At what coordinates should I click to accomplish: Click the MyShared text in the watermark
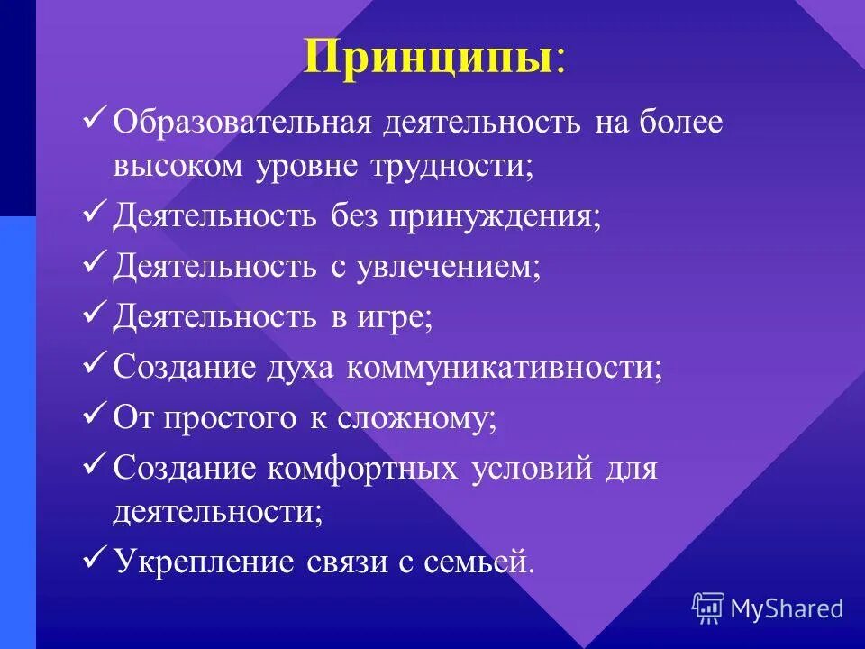787,608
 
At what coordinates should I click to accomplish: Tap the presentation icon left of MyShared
708,608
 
